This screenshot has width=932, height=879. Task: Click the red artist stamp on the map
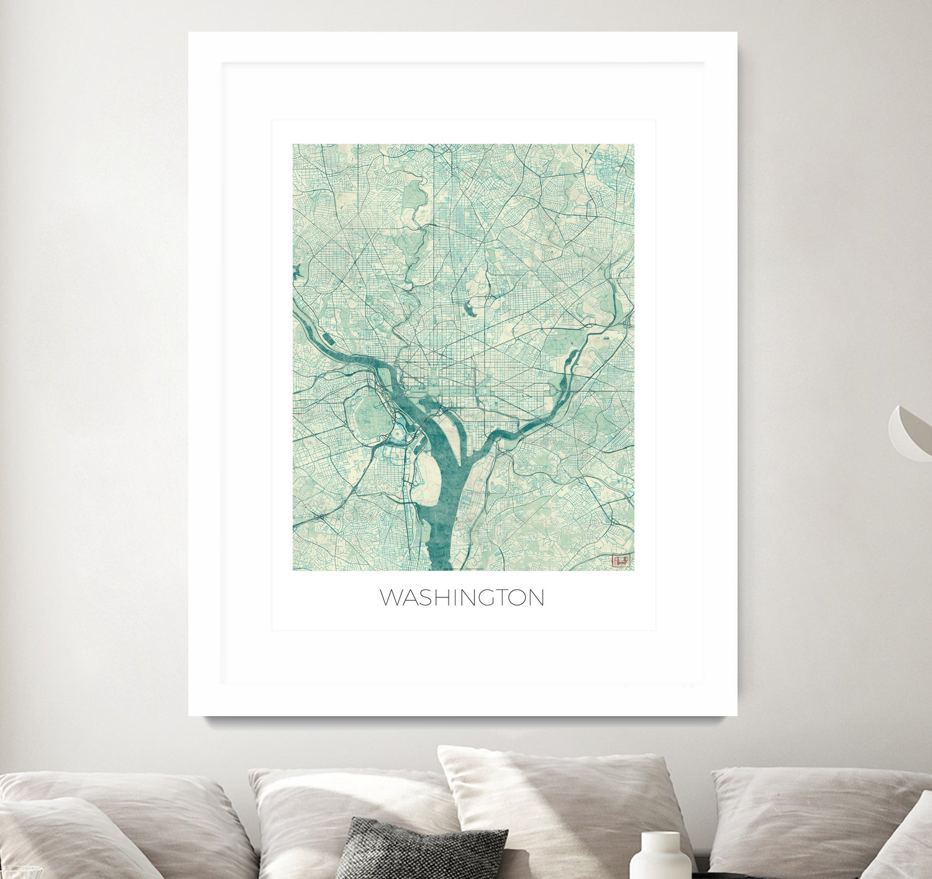tap(620, 561)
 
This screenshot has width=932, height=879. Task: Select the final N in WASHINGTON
tap(537, 598)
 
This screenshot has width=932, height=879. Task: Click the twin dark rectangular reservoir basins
tap(328, 339)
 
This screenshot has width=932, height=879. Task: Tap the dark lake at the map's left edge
tap(297, 272)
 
